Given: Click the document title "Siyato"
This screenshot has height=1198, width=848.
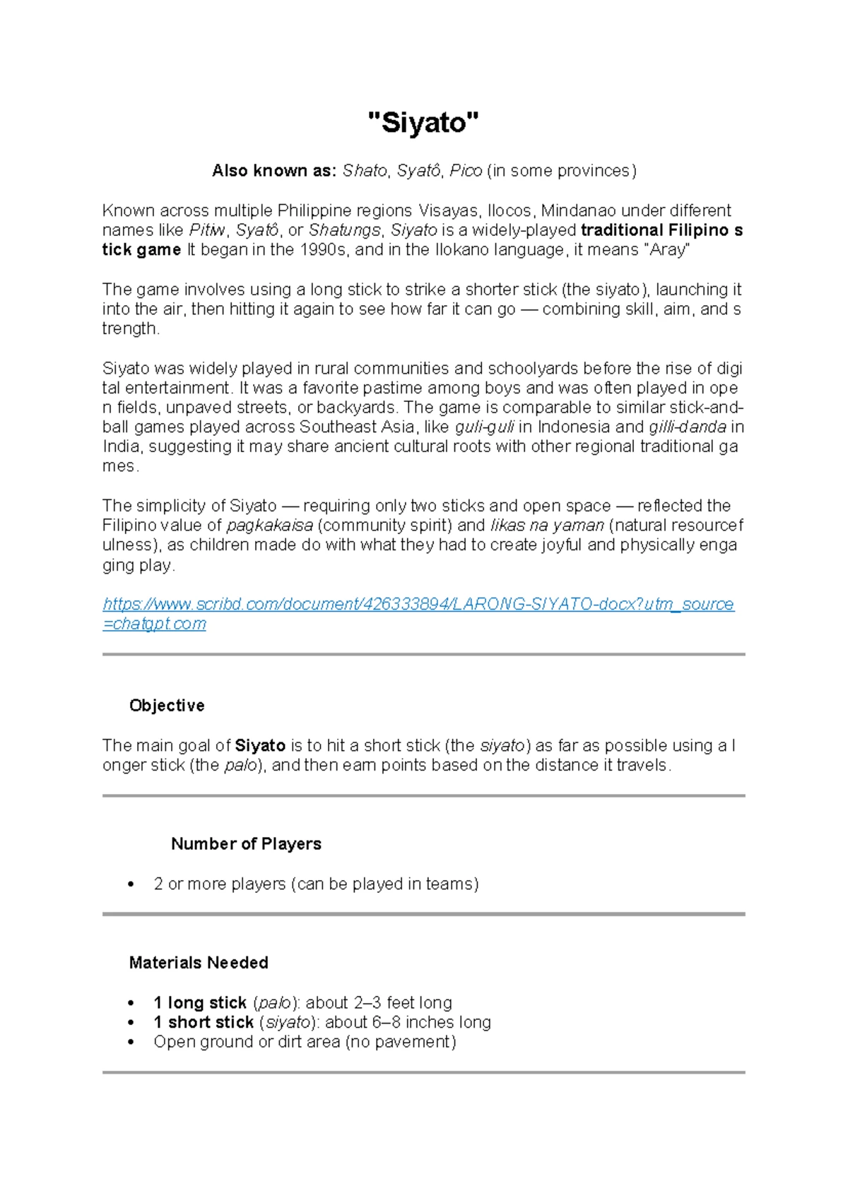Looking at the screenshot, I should [x=423, y=123].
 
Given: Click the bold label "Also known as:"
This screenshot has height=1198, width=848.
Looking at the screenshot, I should [x=274, y=171].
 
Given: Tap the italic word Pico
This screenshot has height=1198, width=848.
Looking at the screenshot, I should [x=466, y=171].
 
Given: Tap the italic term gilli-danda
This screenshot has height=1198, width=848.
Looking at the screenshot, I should [x=688, y=427].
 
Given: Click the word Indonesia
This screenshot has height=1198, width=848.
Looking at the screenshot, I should [x=572, y=427].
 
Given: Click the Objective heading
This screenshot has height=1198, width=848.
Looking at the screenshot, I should [x=167, y=706].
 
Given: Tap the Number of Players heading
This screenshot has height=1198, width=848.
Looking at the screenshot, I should [x=246, y=844].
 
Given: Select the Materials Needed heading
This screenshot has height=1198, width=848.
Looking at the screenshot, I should [x=199, y=963].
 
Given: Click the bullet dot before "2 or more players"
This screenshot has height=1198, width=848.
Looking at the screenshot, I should [x=130, y=884].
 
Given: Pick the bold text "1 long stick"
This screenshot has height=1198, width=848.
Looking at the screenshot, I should [x=200, y=1003].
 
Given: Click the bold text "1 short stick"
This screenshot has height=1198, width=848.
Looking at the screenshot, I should [x=204, y=1023].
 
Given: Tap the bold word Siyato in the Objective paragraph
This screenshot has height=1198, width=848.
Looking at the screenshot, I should [x=260, y=746].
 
